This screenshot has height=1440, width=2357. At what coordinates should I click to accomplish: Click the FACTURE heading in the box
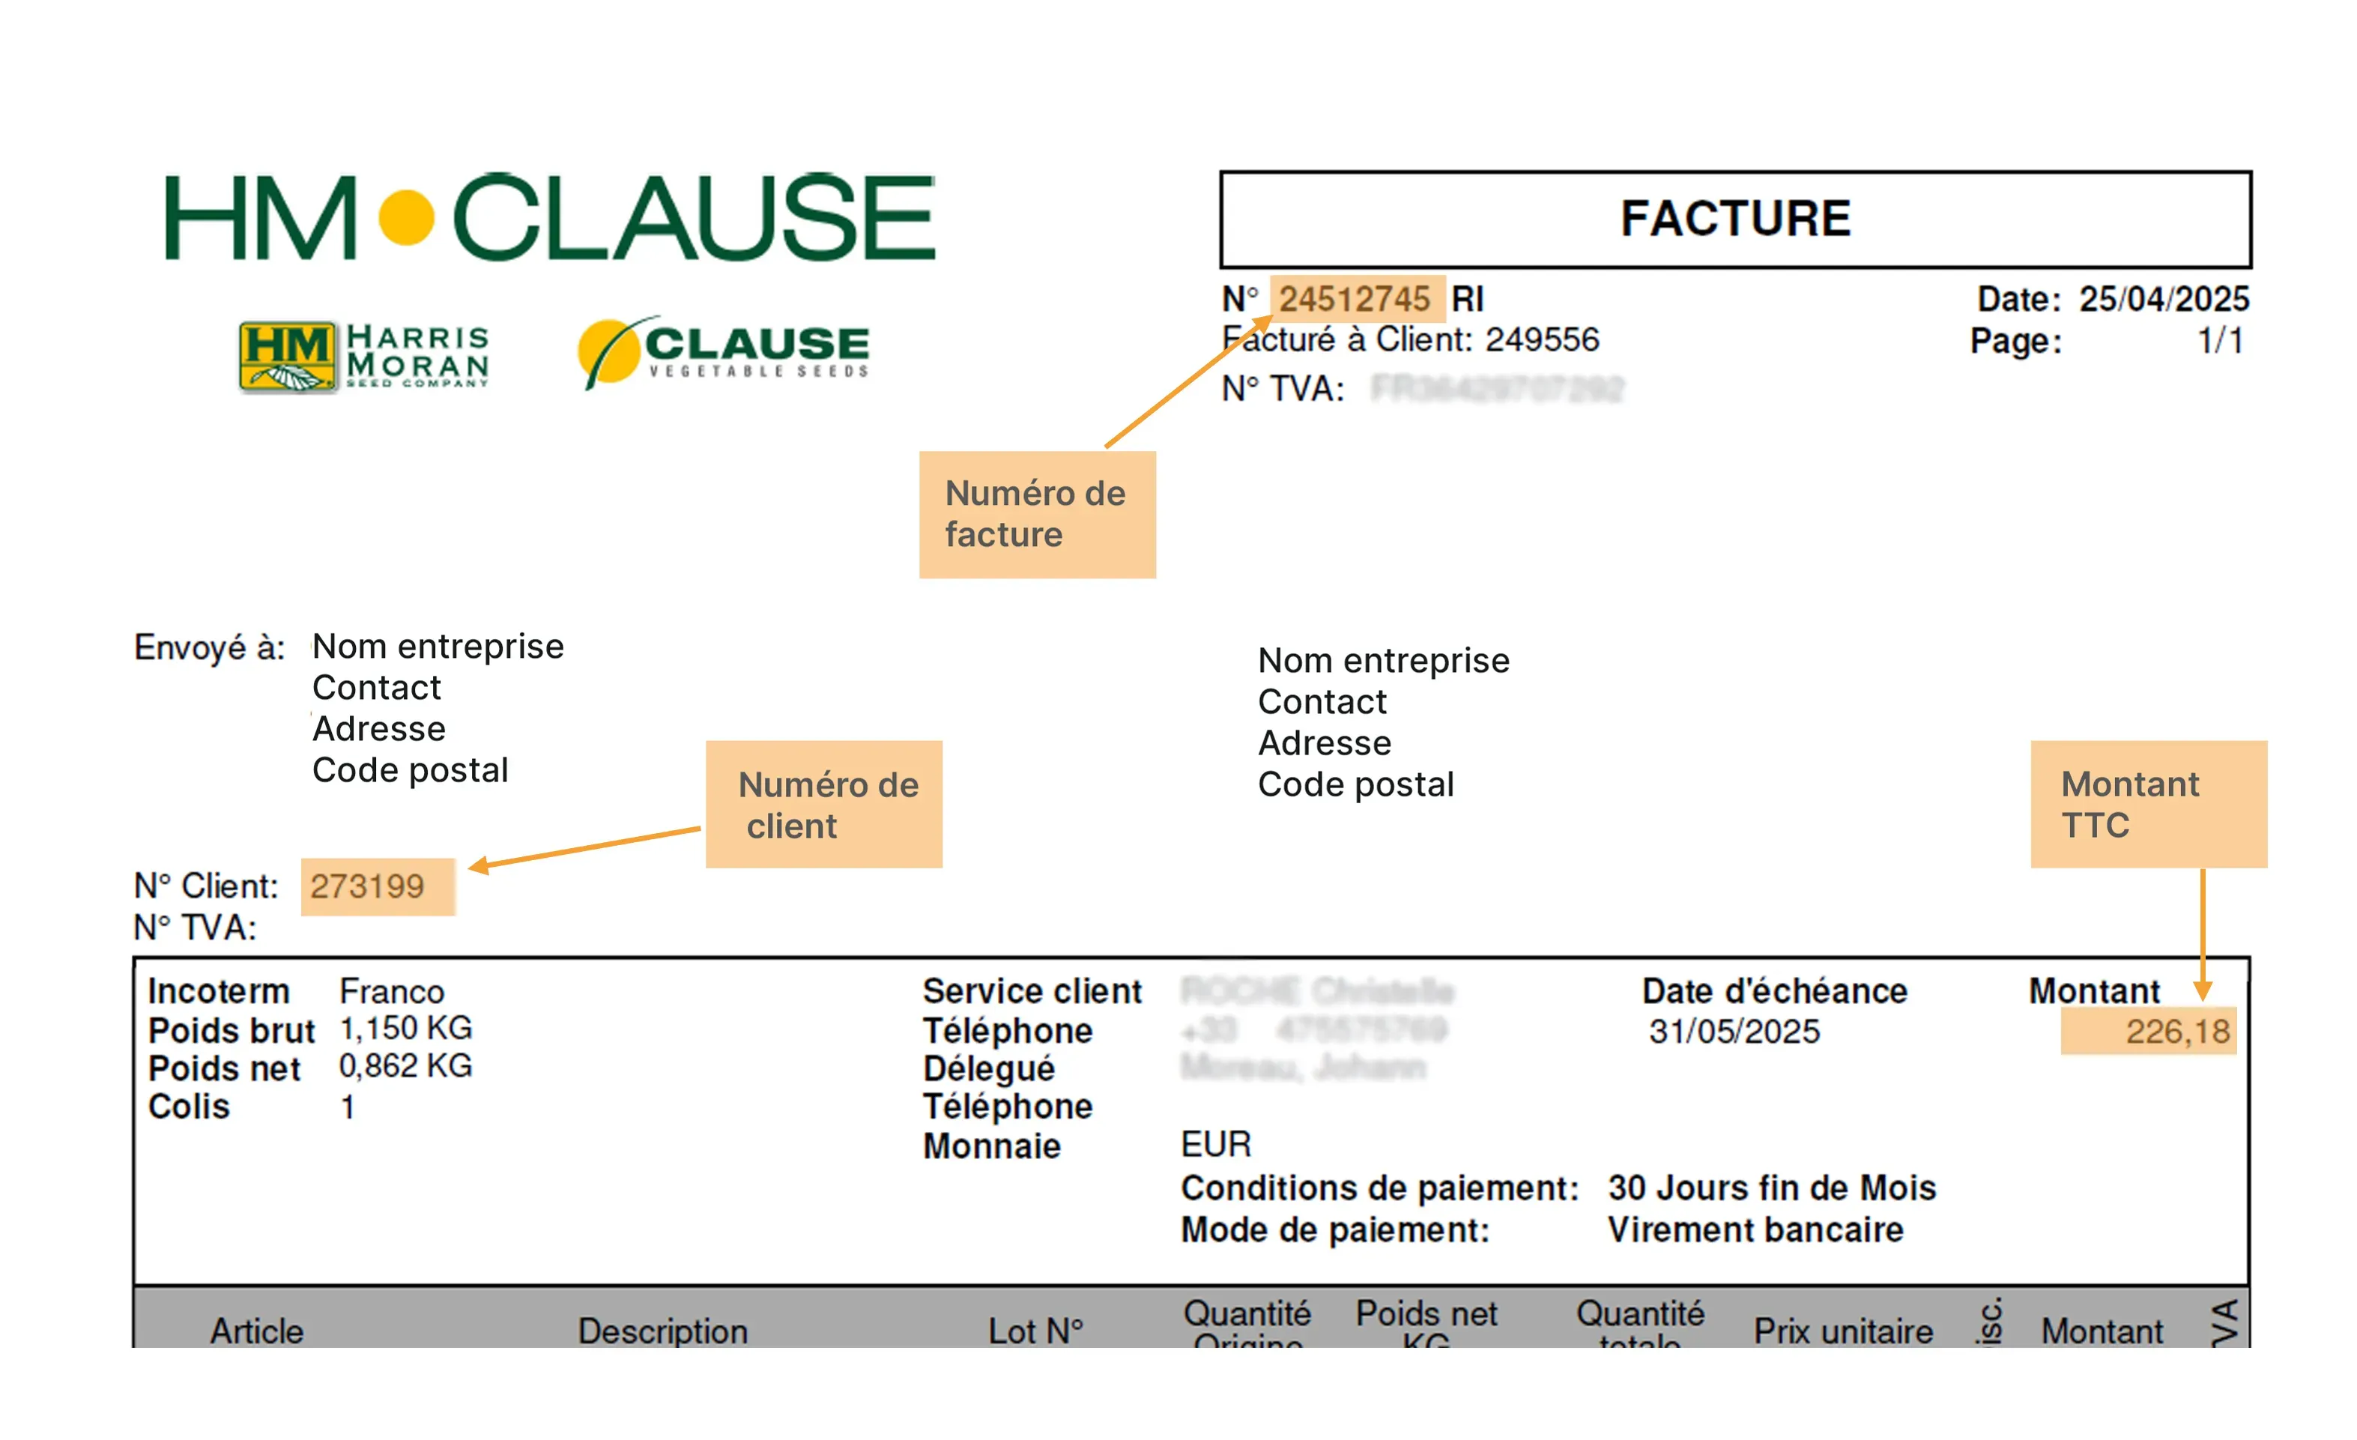[1735, 219]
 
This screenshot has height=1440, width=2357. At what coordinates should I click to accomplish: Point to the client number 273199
[367, 887]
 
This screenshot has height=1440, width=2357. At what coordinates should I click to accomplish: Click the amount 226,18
[2177, 1032]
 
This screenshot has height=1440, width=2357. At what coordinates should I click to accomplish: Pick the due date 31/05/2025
[1734, 1032]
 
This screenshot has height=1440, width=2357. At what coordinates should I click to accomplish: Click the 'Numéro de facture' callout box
[1037, 515]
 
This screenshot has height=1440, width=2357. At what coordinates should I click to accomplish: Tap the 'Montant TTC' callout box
[2149, 805]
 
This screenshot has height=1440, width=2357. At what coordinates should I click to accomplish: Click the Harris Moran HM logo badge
[287, 357]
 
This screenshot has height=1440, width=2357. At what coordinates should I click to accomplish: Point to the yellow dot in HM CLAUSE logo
[407, 218]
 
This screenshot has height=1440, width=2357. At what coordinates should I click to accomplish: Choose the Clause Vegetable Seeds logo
[724, 351]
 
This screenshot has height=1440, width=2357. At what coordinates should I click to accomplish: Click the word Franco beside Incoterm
[392, 992]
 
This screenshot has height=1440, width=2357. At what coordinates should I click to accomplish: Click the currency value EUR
[1216, 1144]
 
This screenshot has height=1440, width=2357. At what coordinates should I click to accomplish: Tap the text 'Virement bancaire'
[1755, 1229]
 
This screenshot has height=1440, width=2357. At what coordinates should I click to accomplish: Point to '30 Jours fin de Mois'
[1772, 1188]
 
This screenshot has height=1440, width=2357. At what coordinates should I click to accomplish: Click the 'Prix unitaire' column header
[1843, 1331]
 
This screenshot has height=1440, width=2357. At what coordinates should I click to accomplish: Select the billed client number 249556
[1542, 339]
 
